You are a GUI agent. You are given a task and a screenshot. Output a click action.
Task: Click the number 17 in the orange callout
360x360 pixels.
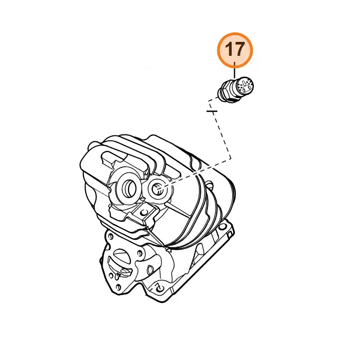click(234, 49)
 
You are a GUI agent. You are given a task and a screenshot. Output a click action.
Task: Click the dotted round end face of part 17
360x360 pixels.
click(245, 86)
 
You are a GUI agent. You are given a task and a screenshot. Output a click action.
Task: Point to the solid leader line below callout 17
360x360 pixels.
click(234, 70)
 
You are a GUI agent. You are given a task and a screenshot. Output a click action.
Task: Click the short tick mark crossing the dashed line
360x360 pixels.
click(212, 111)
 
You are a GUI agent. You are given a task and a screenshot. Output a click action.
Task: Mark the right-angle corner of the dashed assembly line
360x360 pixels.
click(231, 159)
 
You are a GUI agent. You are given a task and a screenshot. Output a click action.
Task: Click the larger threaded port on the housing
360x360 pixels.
click(129, 188)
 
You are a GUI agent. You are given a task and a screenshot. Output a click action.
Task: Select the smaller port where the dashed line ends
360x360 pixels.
click(159, 189)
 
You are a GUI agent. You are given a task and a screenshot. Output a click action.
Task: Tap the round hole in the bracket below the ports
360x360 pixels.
click(144, 212)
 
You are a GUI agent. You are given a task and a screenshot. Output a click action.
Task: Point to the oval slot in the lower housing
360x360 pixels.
click(150, 270)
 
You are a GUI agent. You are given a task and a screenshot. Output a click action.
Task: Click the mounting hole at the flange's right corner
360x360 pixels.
click(222, 227)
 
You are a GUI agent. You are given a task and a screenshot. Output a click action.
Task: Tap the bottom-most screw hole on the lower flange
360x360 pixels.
click(119, 287)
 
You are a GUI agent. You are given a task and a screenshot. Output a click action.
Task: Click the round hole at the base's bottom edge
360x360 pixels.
click(159, 288)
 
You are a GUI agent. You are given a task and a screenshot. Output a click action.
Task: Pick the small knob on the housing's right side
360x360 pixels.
click(209, 184)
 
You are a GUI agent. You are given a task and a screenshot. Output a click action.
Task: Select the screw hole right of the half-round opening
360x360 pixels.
click(139, 253)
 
